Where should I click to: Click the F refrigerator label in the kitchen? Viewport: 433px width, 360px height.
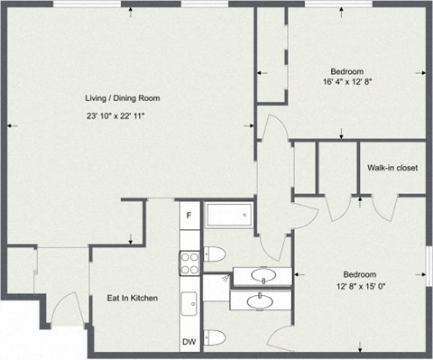point(189,216)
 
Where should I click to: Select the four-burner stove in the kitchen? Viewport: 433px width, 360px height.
point(189,263)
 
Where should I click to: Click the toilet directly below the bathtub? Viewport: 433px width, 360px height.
point(215,254)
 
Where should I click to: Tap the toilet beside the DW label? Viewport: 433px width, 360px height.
point(215,338)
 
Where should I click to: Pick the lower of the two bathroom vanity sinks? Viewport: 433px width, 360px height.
point(262,299)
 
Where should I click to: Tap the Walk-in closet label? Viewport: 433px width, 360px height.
point(392,167)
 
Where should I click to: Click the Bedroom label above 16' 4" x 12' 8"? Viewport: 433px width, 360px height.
point(345,71)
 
